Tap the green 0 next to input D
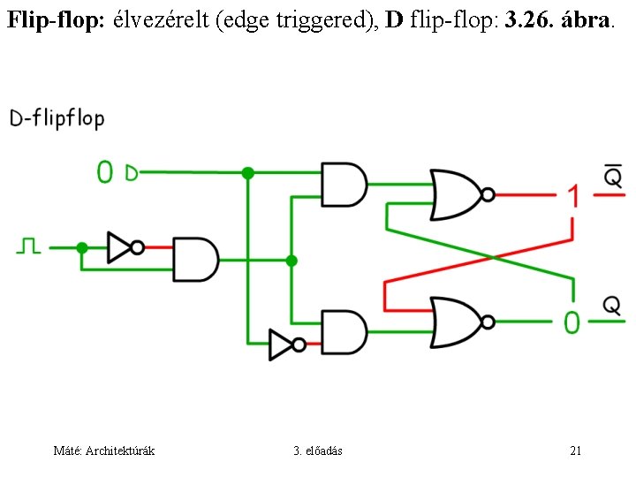point(105,171)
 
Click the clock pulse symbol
point(28,246)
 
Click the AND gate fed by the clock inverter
point(195,259)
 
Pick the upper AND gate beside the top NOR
point(344,184)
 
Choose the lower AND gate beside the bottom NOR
point(344,331)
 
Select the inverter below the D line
point(285,344)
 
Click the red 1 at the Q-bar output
point(573,195)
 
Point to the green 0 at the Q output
point(572,322)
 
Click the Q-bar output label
point(613,178)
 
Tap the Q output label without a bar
point(611,306)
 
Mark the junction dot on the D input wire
point(248,173)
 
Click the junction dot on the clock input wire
point(82,247)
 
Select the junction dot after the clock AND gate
point(292,261)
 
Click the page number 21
point(575,451)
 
